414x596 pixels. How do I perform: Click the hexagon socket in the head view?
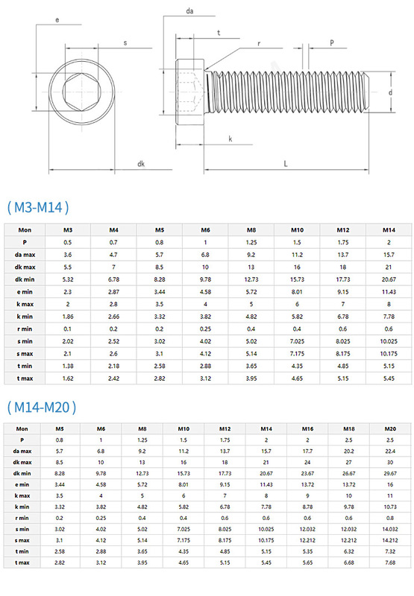tap(82, 92)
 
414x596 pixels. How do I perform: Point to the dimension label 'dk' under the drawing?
tap(141, 164)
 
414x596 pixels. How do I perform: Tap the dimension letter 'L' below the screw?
tap(286, 164)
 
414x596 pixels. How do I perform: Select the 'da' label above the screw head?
tap(189, 11)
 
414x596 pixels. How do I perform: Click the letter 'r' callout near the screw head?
tap(259, 44)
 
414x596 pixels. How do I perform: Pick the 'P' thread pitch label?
tap(332, 42)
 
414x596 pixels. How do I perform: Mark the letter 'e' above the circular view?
tap(57, 20)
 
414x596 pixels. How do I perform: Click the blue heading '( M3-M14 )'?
tap(38, 207)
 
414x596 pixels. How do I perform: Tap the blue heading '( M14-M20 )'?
tap(42, 407)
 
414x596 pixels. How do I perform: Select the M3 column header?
tap(68, 230)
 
